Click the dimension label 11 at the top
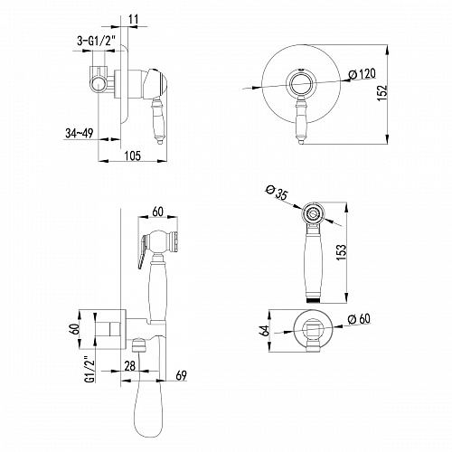click(x=133, y=19)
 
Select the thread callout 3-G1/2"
click(x=97, y=41)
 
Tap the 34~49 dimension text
click(x=80, y=133)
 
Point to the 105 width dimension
click(x=133, y=155)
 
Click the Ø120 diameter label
click(x=363, y=74)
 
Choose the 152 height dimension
click(x=382, y=93)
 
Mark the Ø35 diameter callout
click(x=277, y=193)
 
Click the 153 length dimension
click(x=342, y=252)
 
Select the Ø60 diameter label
click(x=359, y=319)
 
